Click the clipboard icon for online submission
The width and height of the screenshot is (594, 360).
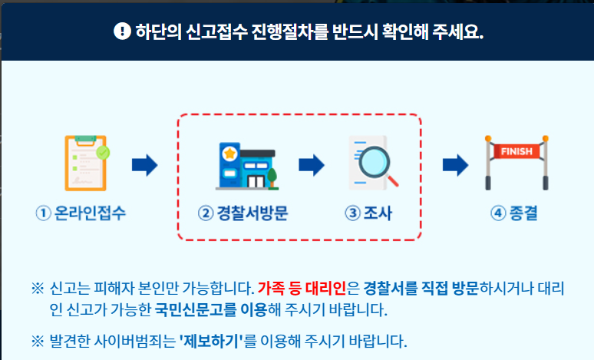click(85, 163)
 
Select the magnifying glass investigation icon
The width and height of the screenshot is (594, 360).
click(374, 163)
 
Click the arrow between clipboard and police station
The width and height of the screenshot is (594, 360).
click(144, 164)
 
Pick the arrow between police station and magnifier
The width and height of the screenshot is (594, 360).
click(311, 164)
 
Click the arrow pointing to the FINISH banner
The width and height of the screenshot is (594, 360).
click(455, 164)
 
